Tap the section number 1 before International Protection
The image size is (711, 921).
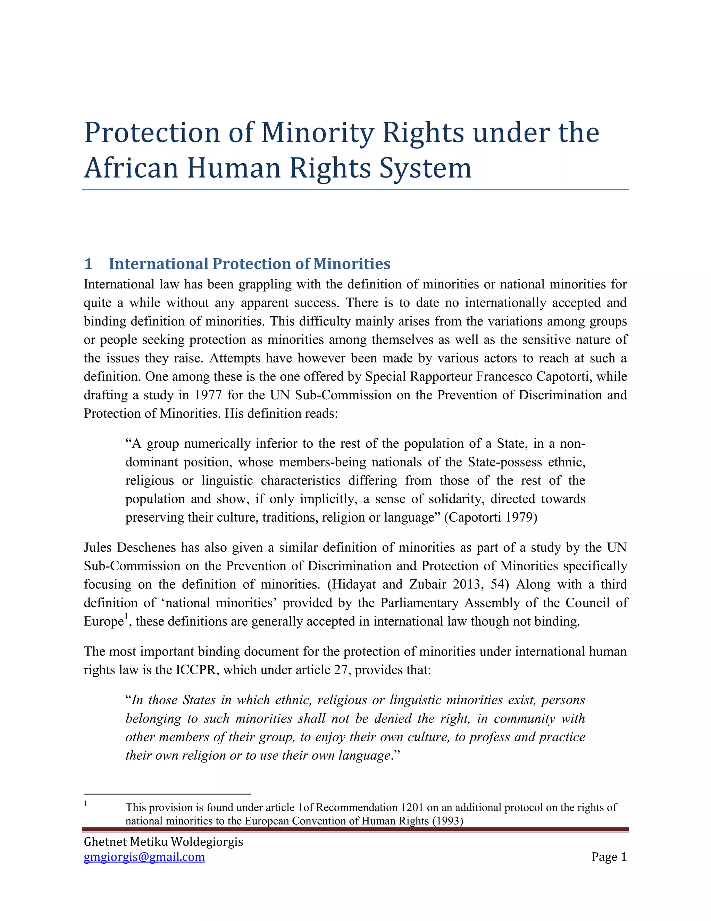89,264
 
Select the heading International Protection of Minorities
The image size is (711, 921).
249,264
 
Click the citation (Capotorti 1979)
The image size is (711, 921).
491,517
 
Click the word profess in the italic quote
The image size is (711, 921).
490,737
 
